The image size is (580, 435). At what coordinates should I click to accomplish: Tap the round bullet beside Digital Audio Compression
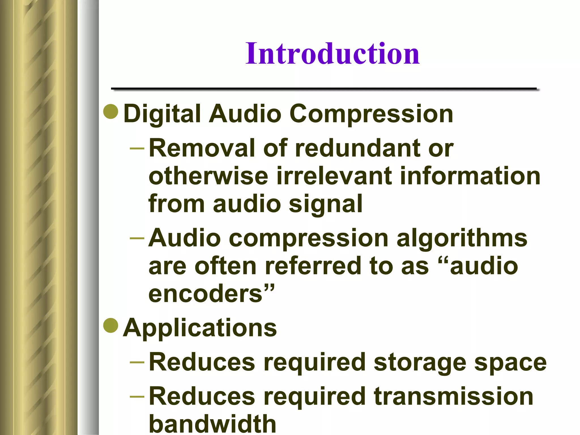coord(111,112)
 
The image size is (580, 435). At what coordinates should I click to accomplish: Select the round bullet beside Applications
coord(111,325)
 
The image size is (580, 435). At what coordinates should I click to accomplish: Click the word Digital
coord(162,114)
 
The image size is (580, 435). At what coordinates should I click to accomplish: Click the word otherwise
coord(208,176)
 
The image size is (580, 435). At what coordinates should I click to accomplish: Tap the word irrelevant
coord(334,176)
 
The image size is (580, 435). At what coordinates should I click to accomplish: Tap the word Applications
coord(200,328)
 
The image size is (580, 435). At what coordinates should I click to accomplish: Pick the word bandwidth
coord(212,424)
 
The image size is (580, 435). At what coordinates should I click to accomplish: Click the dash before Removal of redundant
coord(137,148)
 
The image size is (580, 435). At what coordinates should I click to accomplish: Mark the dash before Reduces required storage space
coord(137,362)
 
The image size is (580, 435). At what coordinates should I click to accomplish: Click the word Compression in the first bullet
coord(371,114)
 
